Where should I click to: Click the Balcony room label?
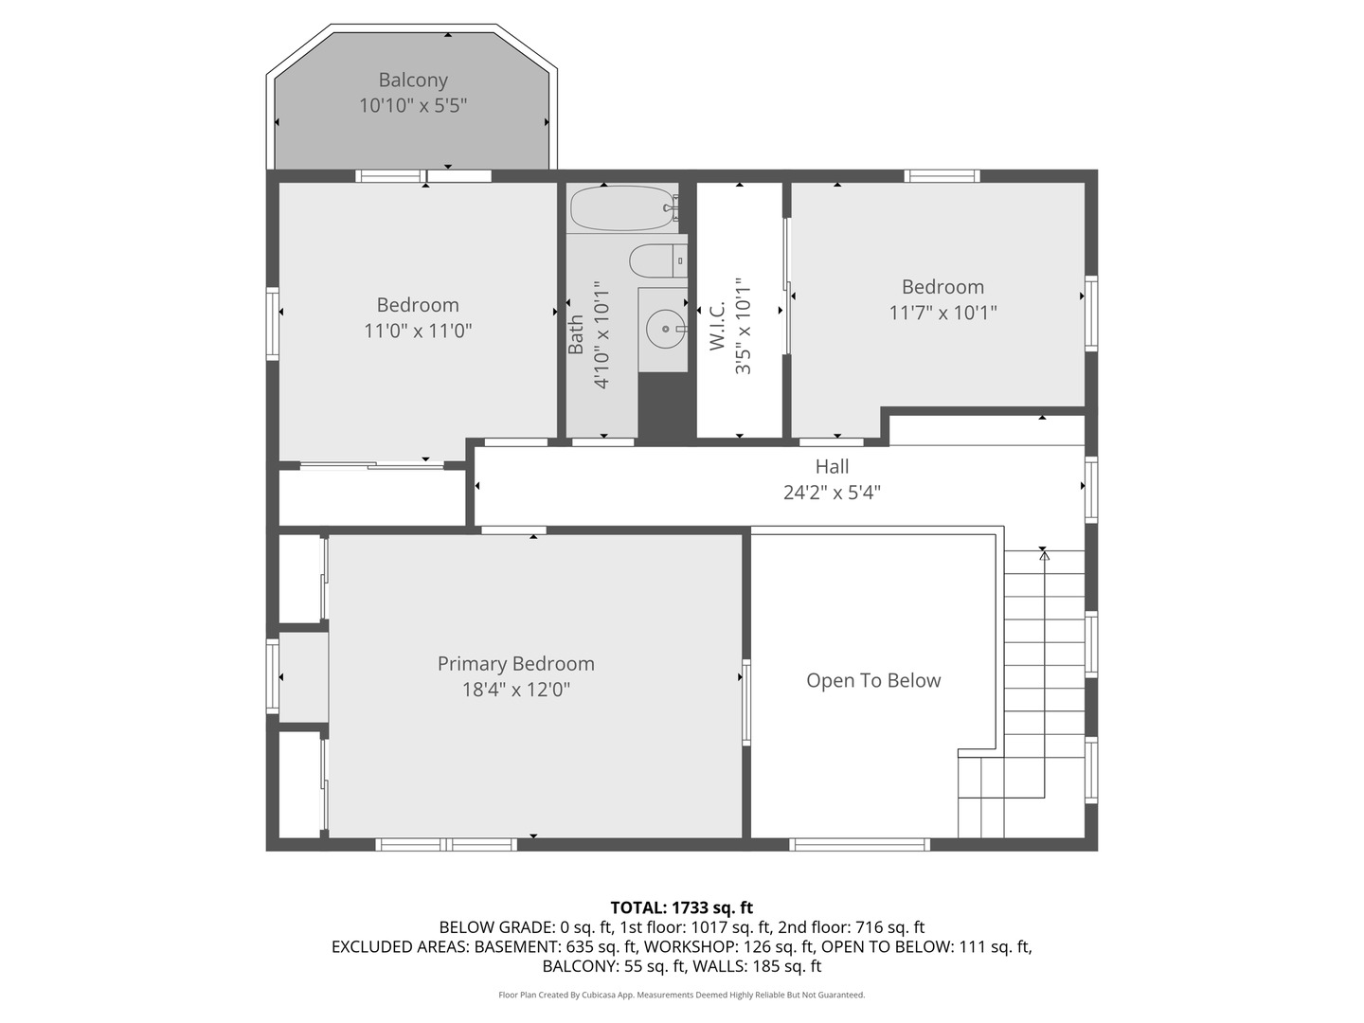[x=413, y=81]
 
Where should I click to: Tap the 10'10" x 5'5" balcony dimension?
[x=413, y=105]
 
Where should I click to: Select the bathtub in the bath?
[x=621, y=207]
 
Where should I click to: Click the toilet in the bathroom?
[x=653, y=260]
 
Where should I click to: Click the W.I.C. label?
[x=717, y=326]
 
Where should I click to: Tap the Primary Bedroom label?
[x=515, y=664]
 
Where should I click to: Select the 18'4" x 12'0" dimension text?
[x=515, y=690]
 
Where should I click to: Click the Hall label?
[x=832, y=467]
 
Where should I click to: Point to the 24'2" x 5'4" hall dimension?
[x=832, y=493]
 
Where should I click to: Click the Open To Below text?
[x=873, y=681]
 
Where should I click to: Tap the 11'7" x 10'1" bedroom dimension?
[x=942, y=313]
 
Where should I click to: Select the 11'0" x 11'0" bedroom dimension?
[x=418, y=331]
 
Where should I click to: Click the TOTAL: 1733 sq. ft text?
[x=681, y=908]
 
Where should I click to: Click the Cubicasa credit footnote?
[x=681, y=995]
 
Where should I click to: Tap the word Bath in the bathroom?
[x=576, y=335]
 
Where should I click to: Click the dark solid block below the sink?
[x=666, y=405]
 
